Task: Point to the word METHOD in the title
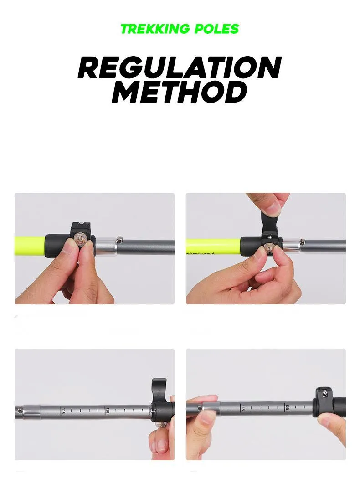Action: click(180, 93)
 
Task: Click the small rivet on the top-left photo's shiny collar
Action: click(119, 239)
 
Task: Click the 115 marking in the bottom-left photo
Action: click(63, 411)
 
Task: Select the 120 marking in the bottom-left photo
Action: click(107, 411)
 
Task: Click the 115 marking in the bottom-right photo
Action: click(243, 407)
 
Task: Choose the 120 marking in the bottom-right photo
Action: click(287, 406)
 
